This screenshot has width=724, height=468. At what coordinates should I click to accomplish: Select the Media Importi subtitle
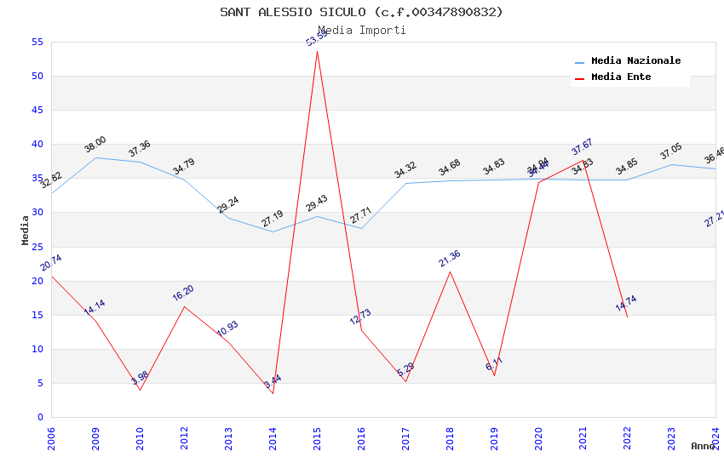coord(361,31)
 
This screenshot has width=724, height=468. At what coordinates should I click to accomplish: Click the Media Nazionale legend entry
coord(635,61)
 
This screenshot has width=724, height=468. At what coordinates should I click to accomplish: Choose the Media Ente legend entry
coord(621,77)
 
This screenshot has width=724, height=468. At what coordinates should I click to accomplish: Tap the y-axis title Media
coord(26,230)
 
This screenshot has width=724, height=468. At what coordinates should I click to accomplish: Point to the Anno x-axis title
coord(703,446)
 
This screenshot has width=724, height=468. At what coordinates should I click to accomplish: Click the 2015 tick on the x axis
coord(317,433)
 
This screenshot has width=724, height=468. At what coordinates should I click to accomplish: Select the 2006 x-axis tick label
coord(51,433)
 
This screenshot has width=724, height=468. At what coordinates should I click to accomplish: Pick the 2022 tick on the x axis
coord(627,433)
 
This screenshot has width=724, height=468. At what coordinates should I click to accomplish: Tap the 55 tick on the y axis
coord(36,43)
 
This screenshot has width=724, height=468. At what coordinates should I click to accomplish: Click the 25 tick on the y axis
coord(36,247)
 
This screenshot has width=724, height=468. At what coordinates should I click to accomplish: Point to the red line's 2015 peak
coord(317,51)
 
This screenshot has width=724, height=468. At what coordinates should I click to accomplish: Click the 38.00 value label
coord(95,145)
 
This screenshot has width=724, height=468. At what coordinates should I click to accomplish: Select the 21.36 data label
coord(450,259)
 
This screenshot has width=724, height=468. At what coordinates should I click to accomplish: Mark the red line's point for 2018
coord(450,271)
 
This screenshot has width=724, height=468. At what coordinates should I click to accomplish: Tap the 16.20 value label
coord(183,293)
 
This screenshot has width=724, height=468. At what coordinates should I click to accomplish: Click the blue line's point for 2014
coord(273,231)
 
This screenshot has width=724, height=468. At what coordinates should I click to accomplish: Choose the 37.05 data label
coord(671,152)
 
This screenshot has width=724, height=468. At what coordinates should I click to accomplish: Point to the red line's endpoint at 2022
coord(627,317)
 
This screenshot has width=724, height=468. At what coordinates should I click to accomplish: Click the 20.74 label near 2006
coord(51,263)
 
